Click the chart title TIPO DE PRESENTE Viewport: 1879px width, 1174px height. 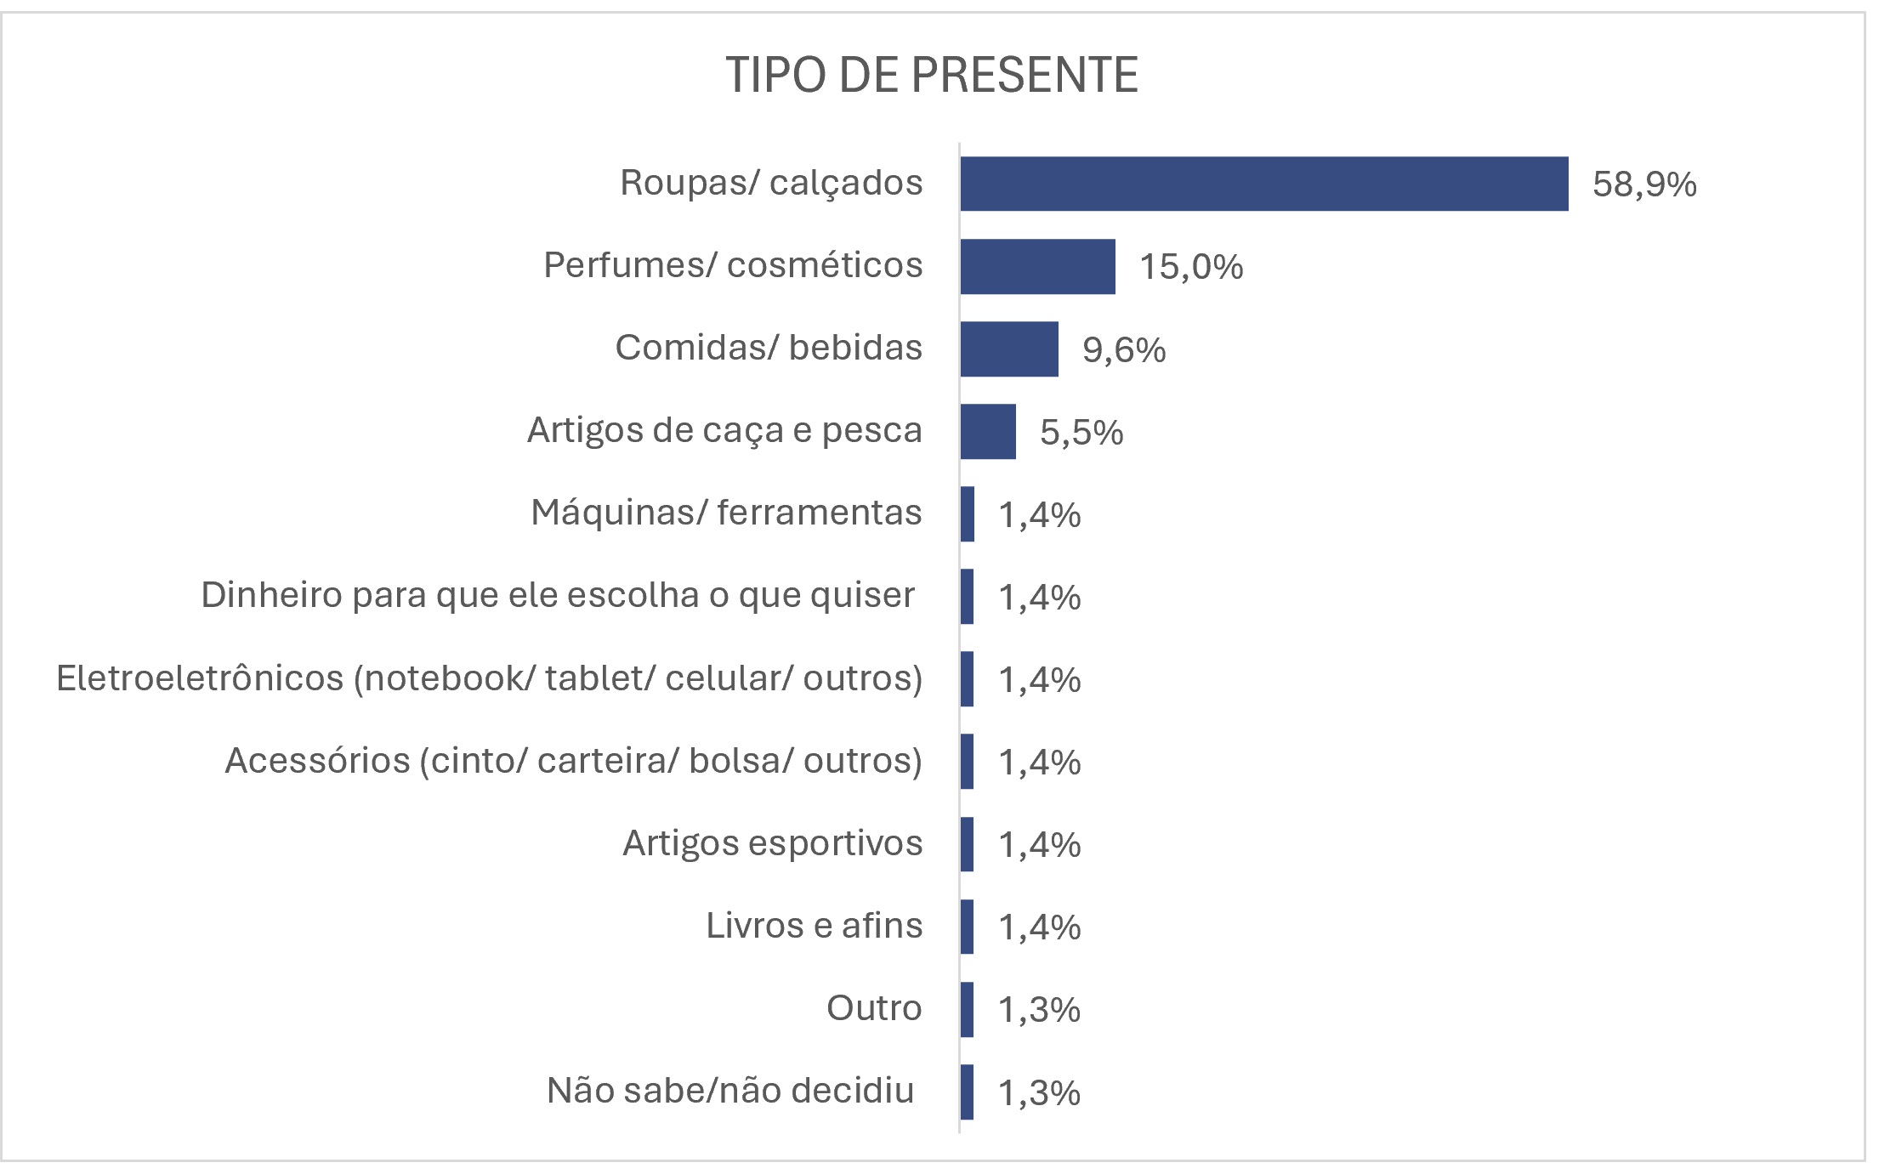tap(932, 76)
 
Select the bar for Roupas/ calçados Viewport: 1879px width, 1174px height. tap(1263, 184)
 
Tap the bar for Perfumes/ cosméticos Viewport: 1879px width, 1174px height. tap(1037, 266)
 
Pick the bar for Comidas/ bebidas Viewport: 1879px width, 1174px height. tap(1009, 349)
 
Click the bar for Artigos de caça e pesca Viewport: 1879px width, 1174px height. tap(988, 431)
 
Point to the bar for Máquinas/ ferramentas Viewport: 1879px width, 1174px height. tap(968, 513)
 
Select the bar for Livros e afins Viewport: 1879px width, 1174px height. tap(968, 926)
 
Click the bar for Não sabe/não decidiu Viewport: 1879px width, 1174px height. tap(968, 1092)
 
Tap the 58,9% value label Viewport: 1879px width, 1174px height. tap(1643, 184)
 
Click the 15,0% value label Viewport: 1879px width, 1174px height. tap(1190, 267)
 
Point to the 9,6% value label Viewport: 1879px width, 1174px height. tap(1123, 349)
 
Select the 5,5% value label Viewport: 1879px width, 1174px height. tap(1081, 432)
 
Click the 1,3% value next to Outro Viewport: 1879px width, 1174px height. tap(1039, 1009)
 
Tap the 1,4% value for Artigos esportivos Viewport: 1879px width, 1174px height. tap(1039, 844)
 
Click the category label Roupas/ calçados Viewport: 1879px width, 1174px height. tap(770, 183)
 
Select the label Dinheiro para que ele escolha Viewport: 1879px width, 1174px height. tap(558, 595)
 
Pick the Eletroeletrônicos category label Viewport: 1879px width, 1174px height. tap(489, 678)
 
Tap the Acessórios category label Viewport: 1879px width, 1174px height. tap(573, 761)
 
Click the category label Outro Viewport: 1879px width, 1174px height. tap(873, 1008)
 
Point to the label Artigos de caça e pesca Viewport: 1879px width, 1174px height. tap(724, 430)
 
